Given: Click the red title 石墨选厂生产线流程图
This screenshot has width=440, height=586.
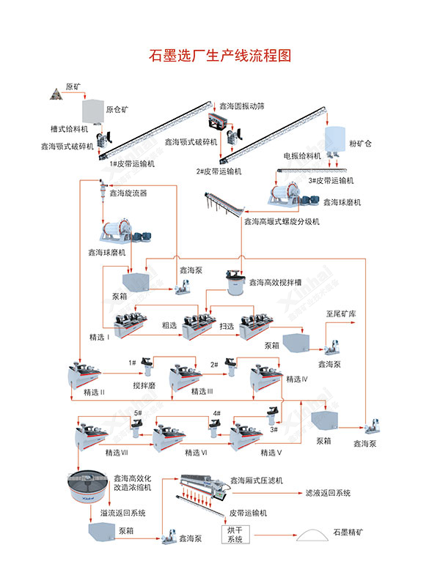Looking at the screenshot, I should click(x=220, y=56).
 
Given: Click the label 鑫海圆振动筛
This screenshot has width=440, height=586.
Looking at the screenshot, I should click(x=242, y=106).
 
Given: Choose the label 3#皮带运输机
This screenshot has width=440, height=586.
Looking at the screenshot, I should click(x=331, y=180).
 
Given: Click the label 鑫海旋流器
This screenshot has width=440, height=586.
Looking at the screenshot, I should click(x=128, y=194).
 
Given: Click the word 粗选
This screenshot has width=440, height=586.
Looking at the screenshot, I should click(x=169, y=326).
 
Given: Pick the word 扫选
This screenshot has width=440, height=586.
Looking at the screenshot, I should click(x=228, y=326).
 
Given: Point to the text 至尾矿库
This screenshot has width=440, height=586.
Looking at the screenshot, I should click(x=340, y=313).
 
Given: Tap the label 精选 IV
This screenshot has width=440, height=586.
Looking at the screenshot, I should click(x=297, y=379).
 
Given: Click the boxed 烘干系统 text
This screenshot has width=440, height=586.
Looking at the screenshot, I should click(x=237, y=533).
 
